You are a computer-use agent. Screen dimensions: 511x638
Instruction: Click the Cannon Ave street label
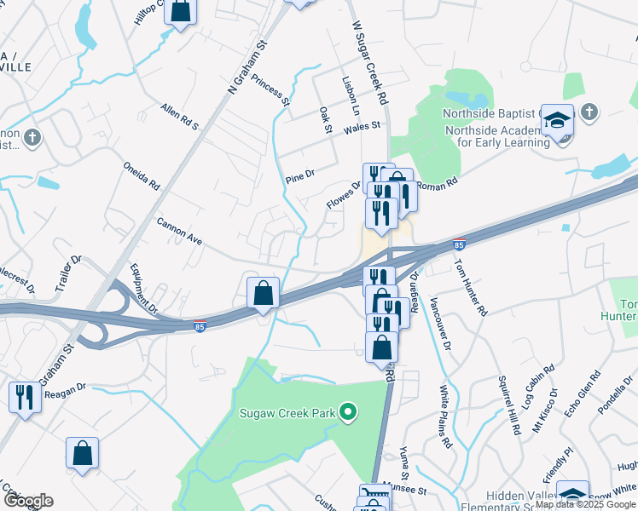178,230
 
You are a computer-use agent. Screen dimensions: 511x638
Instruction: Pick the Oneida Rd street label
142,175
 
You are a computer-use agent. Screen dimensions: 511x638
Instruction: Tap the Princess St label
272,89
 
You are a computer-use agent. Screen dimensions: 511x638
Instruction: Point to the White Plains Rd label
444,416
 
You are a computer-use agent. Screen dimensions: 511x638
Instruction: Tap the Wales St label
361,129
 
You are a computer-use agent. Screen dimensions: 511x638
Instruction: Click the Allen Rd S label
179,117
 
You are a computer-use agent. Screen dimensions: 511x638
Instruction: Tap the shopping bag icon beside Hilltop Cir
181,13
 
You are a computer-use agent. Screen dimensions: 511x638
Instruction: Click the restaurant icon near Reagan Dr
23,398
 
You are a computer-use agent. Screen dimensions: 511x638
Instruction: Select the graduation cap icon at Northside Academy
557,123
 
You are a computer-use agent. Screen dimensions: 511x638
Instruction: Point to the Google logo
27,501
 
